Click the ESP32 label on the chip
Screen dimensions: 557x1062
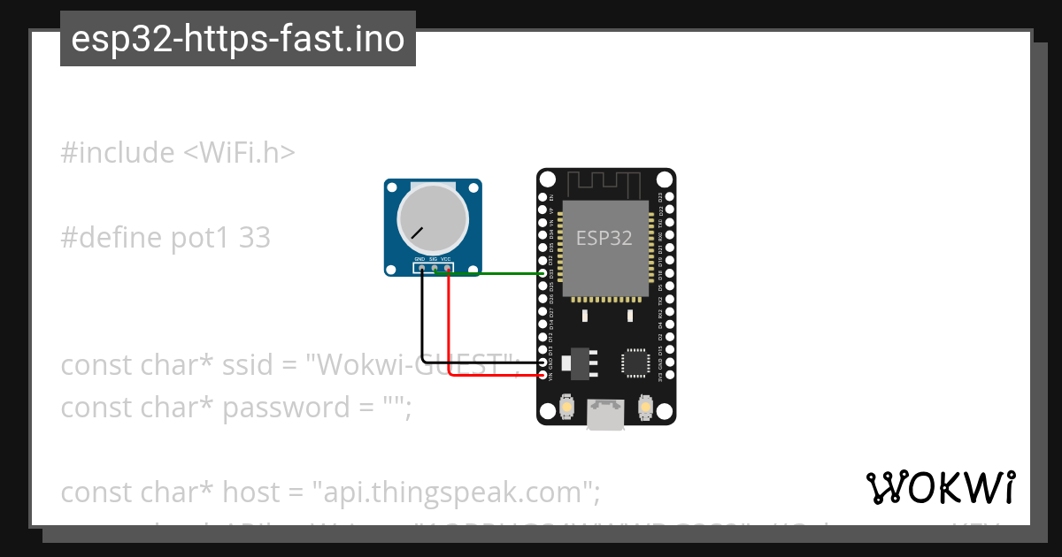pos(604,238)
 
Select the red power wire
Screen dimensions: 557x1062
pos(450,336)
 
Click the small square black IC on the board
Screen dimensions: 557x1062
pos(635,363)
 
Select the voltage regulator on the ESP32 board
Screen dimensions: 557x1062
pos(580,362)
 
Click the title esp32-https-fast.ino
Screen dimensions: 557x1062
pos(237,39)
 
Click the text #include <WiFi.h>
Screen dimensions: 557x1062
pos(178,153)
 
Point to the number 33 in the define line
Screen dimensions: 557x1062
pos(254,238)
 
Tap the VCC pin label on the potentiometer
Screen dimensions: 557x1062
pos(446,259)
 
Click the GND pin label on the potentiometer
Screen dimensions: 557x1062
pos(420,259)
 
